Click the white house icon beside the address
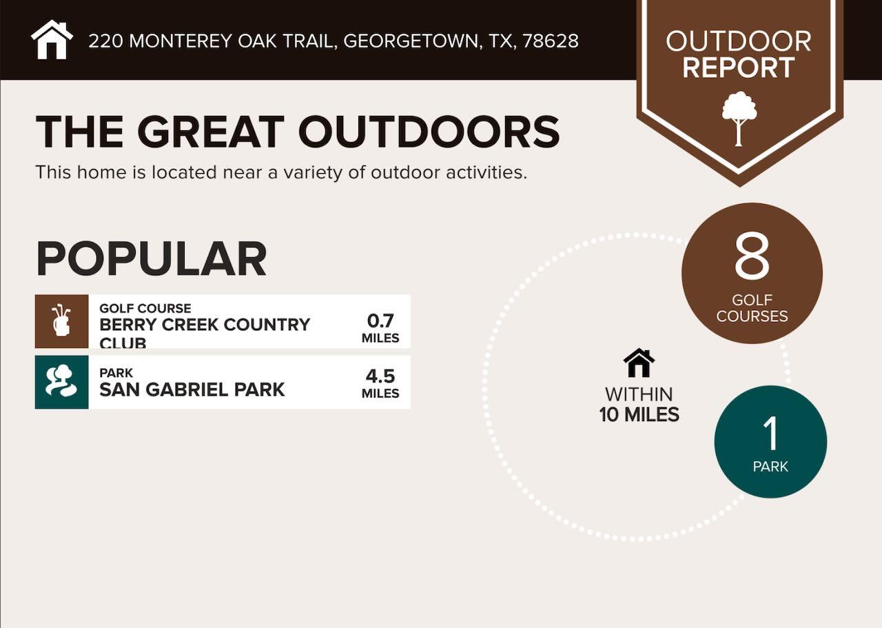click(x=52, y=40)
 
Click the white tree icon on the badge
click(x=739, y=118)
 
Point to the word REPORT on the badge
click(x=739, y=68)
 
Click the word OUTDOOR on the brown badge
click(x=739, y=41)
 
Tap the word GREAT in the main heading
click(x=210, y=132)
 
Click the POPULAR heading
click(x=151, y=259)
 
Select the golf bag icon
click(x=61, y=321)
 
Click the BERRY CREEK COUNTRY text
click(x=205, y=325)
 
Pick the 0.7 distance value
click(x=380, y=321)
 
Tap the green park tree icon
click(x=61, y=382)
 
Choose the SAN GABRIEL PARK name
click(x=192, y=389)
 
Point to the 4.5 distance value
click(x=380, y=376)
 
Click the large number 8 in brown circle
click(x=752, y=256)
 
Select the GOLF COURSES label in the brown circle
click(x=752, y=308)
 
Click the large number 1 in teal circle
click(x=770, y=433)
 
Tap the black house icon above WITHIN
click(x=639, y=363)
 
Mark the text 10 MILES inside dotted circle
click(x=639, y=415)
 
